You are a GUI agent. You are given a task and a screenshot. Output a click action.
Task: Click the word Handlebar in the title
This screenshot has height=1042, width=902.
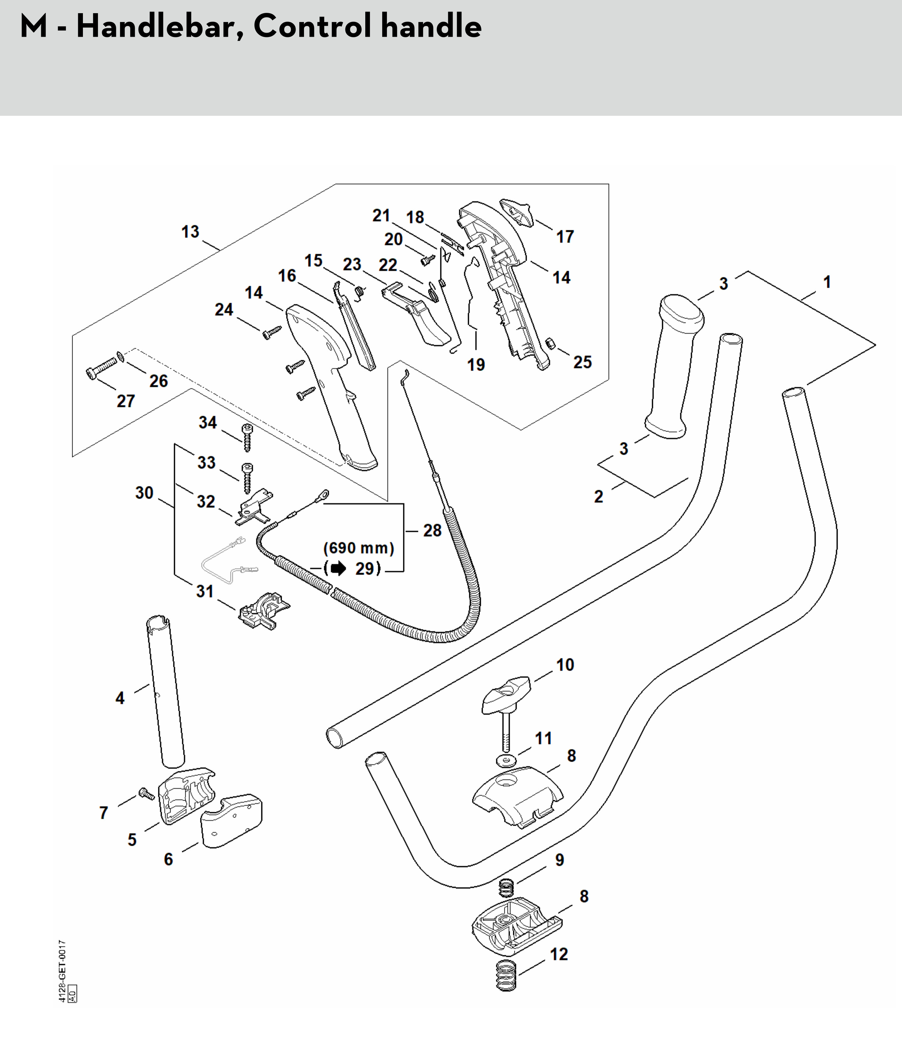pyautogui.click(x=155, y=26)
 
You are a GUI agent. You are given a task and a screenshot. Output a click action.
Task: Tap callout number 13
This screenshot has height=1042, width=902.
pyautogui.click(x=190, y=232)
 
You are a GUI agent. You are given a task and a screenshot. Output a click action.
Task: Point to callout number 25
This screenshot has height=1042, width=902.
pyautogui.click(x=582, y=362)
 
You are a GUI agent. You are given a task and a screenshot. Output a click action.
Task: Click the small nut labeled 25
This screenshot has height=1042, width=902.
pyautogui.click(x=550, y=343)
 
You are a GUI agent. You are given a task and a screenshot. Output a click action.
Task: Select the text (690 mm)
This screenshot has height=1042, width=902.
pyautogui.click(x=358, y=548)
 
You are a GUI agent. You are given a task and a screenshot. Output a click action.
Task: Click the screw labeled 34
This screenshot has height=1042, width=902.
pyautogui.click(x=247, y=437)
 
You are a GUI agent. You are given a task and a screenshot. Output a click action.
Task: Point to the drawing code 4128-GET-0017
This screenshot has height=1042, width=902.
pyautogui.click(x=62, y=972)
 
